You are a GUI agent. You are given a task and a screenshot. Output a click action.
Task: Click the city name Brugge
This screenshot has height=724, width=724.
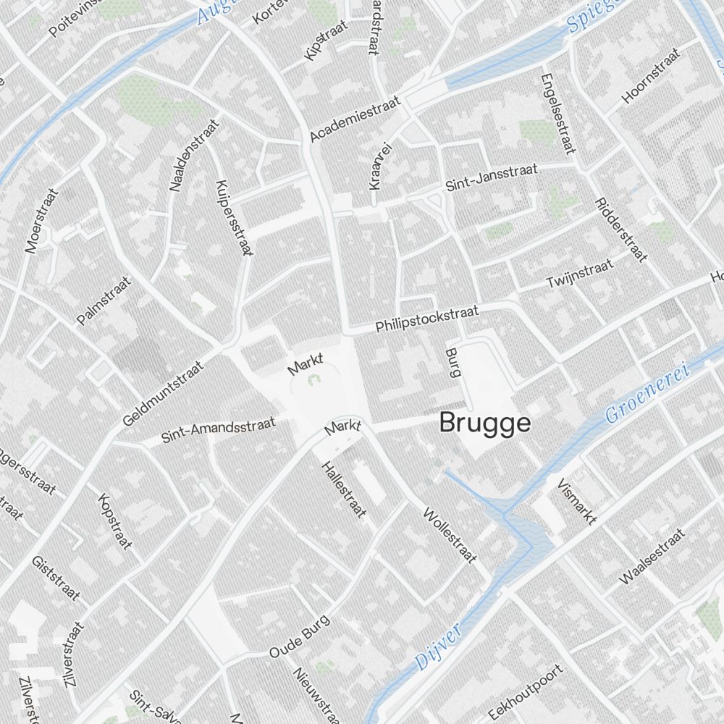click(x=485, y=424)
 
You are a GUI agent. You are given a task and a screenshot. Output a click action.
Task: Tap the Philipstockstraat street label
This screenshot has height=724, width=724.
click(x=427, y=319)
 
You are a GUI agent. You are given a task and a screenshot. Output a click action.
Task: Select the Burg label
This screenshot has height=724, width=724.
click(x=454, y=363)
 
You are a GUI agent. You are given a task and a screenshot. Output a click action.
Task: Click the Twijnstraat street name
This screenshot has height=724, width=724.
click(x=580, y=272)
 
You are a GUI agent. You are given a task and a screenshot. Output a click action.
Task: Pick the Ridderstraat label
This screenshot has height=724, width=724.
click(x=620, y=230)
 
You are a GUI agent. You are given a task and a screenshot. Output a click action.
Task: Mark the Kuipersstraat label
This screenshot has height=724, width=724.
click(x=234, y=218)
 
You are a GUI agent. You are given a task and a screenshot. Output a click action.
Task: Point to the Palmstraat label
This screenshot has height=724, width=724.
click(x=104, y=300)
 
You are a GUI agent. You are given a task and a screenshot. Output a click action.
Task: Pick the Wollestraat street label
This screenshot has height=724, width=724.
click(x=450, y=535)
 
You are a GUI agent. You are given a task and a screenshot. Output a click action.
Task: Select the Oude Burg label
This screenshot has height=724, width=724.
click(x=299, y=637)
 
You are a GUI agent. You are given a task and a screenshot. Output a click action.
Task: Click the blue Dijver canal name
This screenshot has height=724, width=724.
click(x=439, y=647)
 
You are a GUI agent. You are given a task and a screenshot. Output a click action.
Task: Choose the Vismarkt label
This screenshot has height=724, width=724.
click(x=577, y=500)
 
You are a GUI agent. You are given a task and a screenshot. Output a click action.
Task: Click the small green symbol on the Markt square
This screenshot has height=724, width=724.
click(x=313, y=378)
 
